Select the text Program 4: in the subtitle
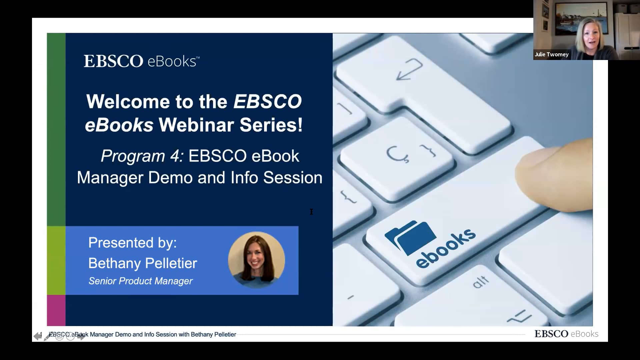pos(142,156)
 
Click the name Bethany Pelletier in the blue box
pos(143,263)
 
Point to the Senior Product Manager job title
pos(140,281)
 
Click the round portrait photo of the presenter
pos(256,260)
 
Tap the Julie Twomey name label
pos(552,54)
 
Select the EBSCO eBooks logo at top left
pos(141,61)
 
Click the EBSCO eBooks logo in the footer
pos(566,334)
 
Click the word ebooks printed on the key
pos(446,248)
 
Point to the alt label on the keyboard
pos(481,282)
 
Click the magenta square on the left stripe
pos(56,310)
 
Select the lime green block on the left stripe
pos(56,260)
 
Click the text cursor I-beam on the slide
pos(311,212)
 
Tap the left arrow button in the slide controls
pos(38,336)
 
